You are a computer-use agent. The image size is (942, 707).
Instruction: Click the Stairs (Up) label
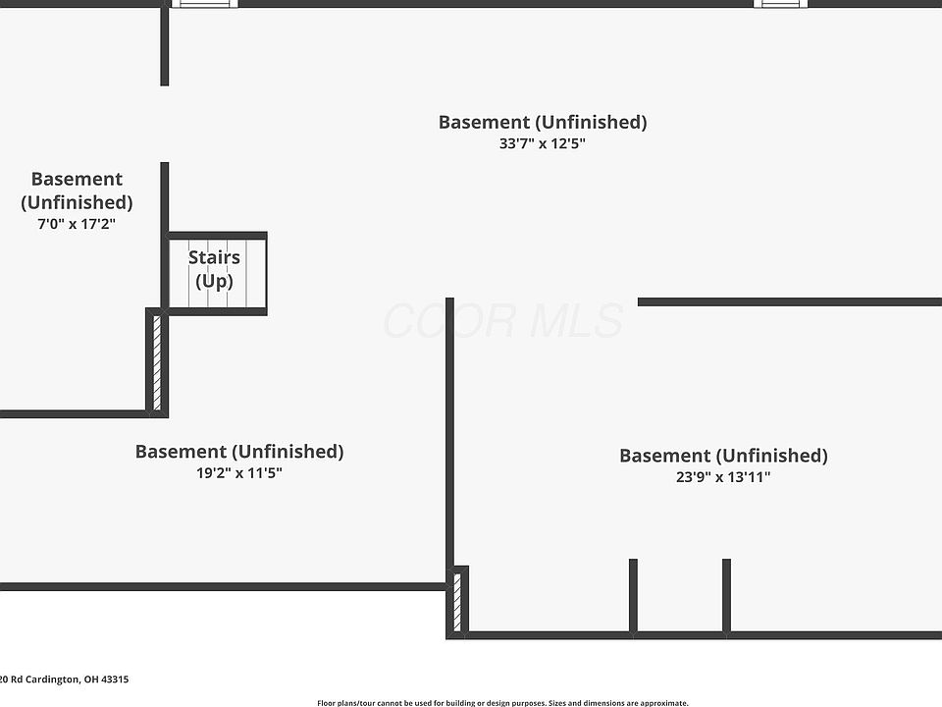[214, 270]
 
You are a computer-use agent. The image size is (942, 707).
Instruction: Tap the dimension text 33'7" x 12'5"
[543, 143]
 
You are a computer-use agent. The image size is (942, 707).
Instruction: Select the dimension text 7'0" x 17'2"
[77, 224]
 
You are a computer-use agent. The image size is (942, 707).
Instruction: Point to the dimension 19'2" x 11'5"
[239, 472]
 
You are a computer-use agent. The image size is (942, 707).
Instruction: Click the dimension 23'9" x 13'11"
[723, 477]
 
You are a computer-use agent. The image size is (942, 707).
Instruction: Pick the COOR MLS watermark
[502, 321]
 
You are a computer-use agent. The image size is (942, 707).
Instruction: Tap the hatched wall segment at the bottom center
[457, 602]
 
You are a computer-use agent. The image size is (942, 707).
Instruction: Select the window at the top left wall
[204, 4]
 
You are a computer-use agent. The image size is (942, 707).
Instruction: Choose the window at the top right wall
[781, 4]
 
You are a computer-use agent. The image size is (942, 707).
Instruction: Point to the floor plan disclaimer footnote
[502, 703]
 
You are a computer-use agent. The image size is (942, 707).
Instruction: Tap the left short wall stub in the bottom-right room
[633, 595]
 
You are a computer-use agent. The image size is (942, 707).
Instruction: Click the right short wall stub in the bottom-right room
[727, 595]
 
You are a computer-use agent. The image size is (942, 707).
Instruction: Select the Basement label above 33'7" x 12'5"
[543, 122]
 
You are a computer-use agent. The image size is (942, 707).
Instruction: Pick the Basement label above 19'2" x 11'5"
[239, 452]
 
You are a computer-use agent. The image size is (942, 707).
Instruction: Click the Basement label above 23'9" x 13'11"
[723, 456]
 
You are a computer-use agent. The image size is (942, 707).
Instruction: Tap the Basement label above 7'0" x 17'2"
[77, 190]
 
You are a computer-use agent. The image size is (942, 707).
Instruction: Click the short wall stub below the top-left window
[165, 46]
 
